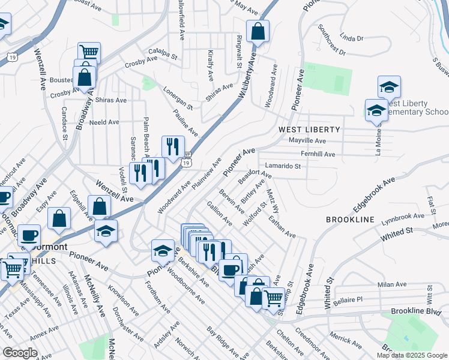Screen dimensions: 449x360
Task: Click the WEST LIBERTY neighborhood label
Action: (309, 130)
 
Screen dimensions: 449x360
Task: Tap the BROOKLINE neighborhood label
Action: (350, 220)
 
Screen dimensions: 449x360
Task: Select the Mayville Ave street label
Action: (307, 141)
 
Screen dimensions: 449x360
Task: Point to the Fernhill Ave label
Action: (318, 154)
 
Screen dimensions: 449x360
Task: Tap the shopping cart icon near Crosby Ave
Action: (89, 53)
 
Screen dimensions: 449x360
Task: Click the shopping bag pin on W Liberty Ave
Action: (257, 31)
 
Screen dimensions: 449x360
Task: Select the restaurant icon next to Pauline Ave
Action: (173, 146)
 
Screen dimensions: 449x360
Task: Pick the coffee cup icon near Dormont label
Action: (29, 235)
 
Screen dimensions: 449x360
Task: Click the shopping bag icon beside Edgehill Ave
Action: (59, 219)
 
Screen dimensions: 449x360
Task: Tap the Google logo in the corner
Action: (20, 353)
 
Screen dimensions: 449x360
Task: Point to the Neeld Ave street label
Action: (104, 122)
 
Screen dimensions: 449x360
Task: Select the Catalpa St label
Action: (164, 56)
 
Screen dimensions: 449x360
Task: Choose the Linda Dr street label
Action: (352, 38)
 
